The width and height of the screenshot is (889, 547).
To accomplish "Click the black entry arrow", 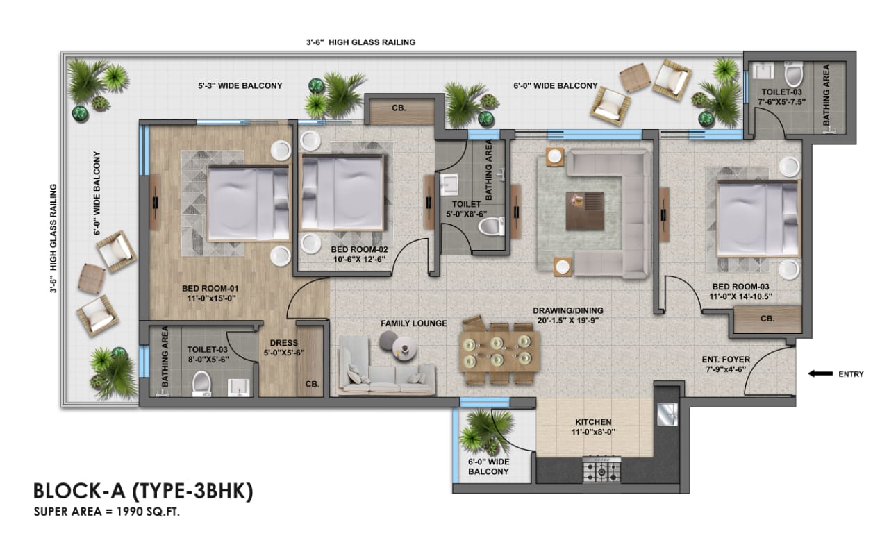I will pyautogui.click(x=820, y=374).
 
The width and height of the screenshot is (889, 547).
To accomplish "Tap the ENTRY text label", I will pyautogui.click(x=850, y=374).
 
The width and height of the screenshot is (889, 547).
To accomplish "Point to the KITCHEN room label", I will pyautogui.click(x=593, y=422).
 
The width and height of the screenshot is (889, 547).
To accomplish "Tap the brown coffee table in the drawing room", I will pyautogui.click(x=584, y=210).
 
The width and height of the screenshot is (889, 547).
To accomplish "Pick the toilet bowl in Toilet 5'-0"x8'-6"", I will pyautogui.click(x=492, y=226).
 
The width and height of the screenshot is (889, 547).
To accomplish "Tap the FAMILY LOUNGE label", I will pyautogui.click(x=413, y=323).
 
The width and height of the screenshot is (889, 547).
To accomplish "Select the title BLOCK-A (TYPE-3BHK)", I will pyautogui.click(x=143, y=491).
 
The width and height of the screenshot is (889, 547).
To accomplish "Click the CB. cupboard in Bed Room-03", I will pyautogui.click(x=767, y=319).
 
